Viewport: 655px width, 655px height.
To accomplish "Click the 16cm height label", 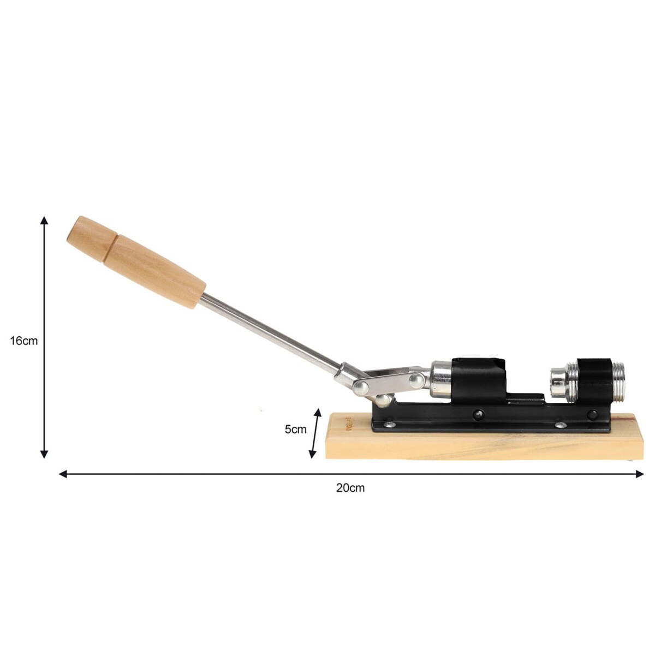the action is tap(24, 341).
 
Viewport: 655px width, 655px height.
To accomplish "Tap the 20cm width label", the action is tap(350, 488).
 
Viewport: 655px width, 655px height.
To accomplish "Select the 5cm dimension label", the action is tap(295, 430).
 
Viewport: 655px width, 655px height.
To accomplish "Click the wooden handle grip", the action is tap(136, 262).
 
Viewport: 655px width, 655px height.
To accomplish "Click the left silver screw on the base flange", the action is tap(389, 424).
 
